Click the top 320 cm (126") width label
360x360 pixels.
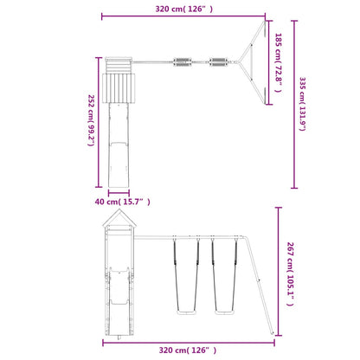(x=183, y=9)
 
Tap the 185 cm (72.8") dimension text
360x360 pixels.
(x=278, y=62)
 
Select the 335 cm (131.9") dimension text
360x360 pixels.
(x=302, y=104)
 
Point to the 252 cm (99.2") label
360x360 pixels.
(x=91, y=120)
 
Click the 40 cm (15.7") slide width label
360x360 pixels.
(x=123, y=202)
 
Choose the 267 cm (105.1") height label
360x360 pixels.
(x=290, y=273)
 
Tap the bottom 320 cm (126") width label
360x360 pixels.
(x=188, y=350)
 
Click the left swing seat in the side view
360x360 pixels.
(x=186, y=312)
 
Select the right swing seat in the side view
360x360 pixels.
(x=224, y=312)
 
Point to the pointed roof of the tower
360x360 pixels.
(x=119, y=217)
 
